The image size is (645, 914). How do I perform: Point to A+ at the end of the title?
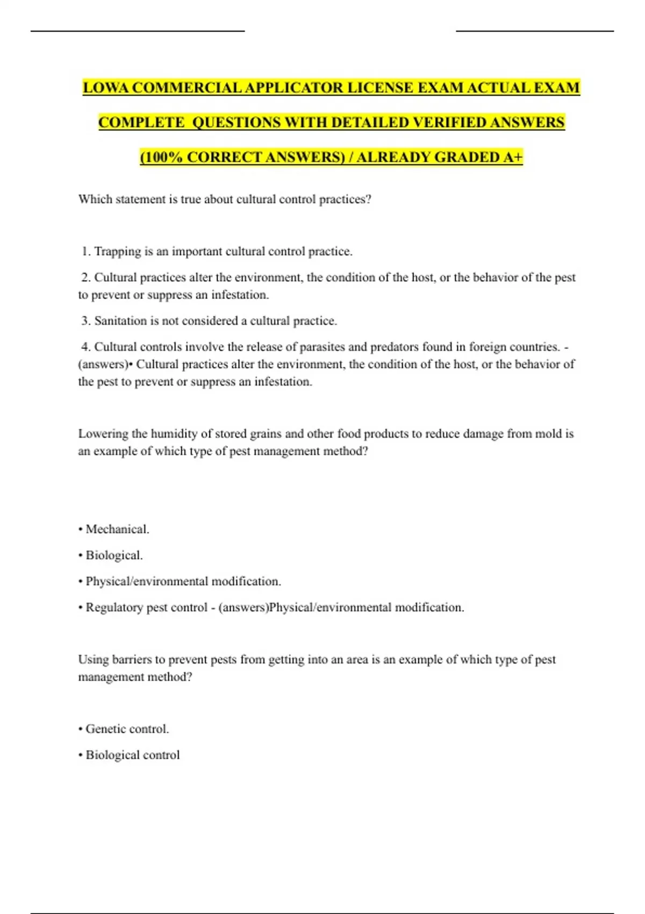click(513, 157)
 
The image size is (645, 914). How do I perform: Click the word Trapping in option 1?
click(118, 252)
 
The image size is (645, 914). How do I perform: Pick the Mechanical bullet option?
click(117, 530)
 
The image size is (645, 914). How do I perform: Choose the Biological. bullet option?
click(114, 555)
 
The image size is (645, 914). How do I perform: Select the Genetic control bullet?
click(127, 729)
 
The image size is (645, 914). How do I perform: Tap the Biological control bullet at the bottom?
click(132, 755)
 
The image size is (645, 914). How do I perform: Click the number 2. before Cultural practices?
click(86, 277)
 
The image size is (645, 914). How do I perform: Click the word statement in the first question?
click(140, 199)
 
